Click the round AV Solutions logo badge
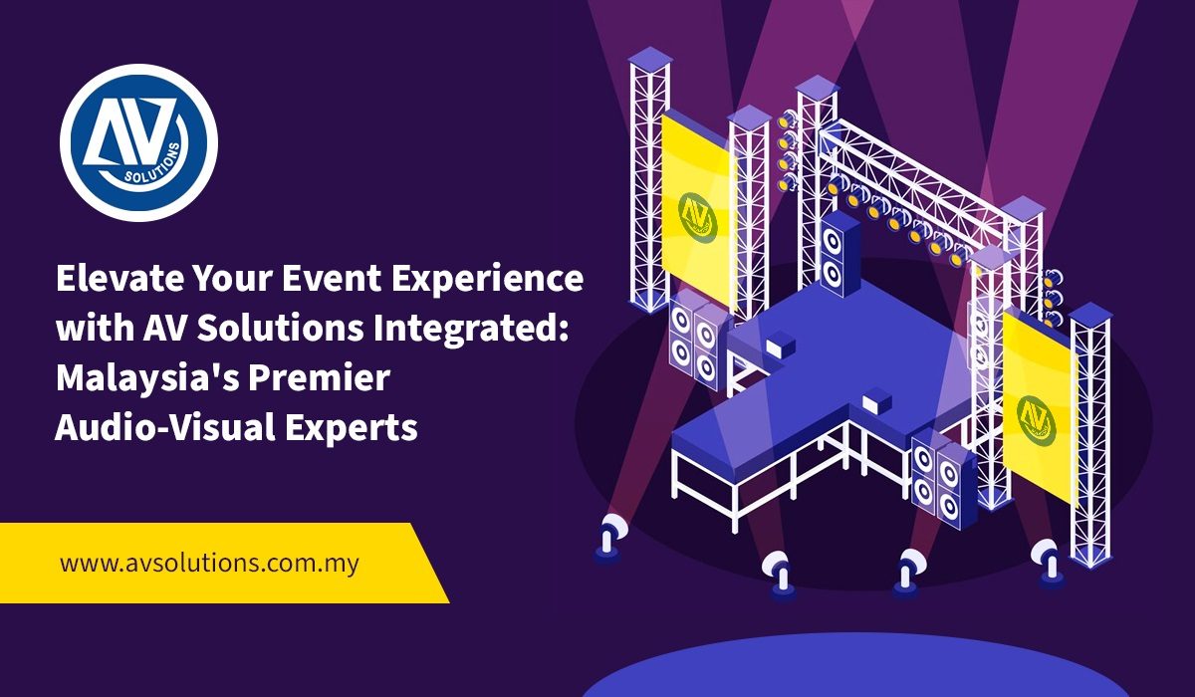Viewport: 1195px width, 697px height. [138, 143]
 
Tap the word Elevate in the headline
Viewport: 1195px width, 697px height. [119, 279]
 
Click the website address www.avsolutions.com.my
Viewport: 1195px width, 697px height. [209, 564]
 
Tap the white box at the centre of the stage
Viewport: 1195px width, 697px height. [876, 399]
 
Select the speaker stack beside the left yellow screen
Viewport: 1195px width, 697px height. [696, 341]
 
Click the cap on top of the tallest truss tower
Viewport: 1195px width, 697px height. [649, 57]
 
